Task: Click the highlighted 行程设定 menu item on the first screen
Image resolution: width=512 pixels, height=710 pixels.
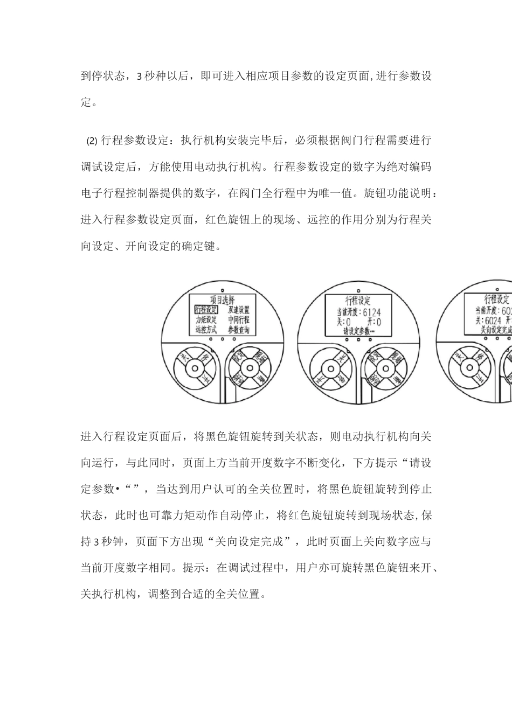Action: pos(206,310)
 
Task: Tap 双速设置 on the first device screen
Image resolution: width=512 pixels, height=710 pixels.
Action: pos(239,310)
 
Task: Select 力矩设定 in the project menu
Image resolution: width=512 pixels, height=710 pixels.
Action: pos(206,320)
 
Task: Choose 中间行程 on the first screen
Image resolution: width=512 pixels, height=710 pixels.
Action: pos(239,320)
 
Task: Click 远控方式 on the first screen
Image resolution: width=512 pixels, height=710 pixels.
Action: pos(206,330)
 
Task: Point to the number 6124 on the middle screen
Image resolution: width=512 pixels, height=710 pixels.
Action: pos(373,312)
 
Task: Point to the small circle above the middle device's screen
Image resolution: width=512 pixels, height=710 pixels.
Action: pos(354,282)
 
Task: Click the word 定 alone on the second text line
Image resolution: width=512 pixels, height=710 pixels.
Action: pos(86,102)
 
